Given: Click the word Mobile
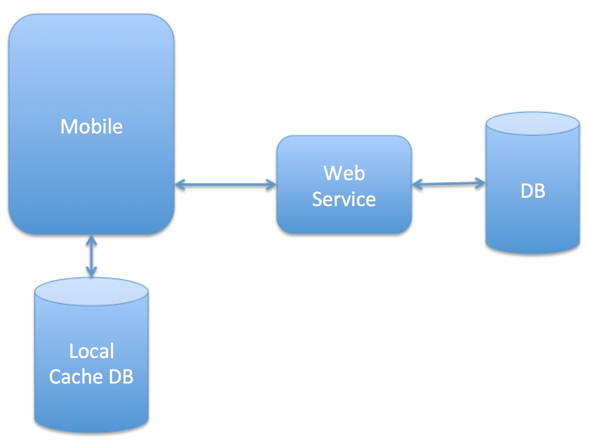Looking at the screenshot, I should [x=91, y=127].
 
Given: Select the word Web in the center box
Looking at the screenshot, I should [x=344, y=173].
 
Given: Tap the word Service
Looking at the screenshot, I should [x=344, y=199].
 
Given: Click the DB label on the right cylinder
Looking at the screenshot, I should [x=533, y=191].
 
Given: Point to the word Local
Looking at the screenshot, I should [x=91, y=351].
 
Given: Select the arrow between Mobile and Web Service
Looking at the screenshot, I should [x=225, y=185].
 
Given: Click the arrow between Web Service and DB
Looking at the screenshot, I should [x=448, y=184].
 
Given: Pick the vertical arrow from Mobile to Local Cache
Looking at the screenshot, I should [x=91, y=256].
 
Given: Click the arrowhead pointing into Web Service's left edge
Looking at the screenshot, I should [x=271, y=185].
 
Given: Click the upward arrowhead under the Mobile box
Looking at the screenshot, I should [x=91, y=240].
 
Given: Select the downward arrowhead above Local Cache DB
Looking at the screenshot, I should [x=91, y=272].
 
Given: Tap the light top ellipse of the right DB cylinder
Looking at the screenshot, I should [x=532, y=123].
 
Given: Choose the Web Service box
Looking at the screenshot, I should [x=344, y=220].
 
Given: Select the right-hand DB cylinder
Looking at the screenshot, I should [x=533, y=220].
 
